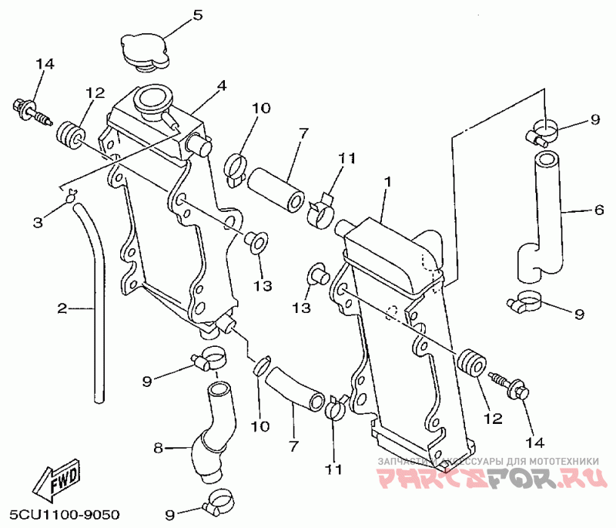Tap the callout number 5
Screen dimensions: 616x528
[197, 15]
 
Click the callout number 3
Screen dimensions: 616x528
[38, 223]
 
